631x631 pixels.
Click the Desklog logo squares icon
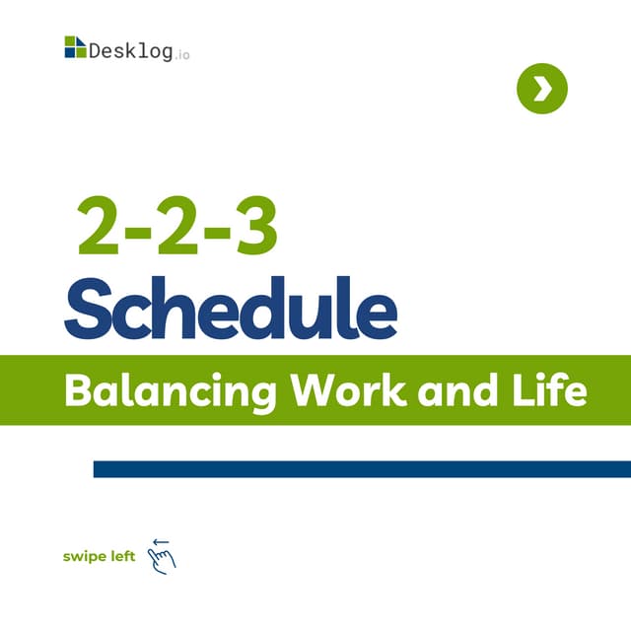(75, 47)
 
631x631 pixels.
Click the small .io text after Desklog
(182, 54)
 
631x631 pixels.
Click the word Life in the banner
(549, 390)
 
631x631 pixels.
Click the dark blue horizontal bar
(362, 468)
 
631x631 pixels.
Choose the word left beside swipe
(122, 556)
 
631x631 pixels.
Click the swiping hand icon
(162, 559)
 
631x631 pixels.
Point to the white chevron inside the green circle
(542, 90)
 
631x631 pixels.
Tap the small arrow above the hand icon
(161, 541)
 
